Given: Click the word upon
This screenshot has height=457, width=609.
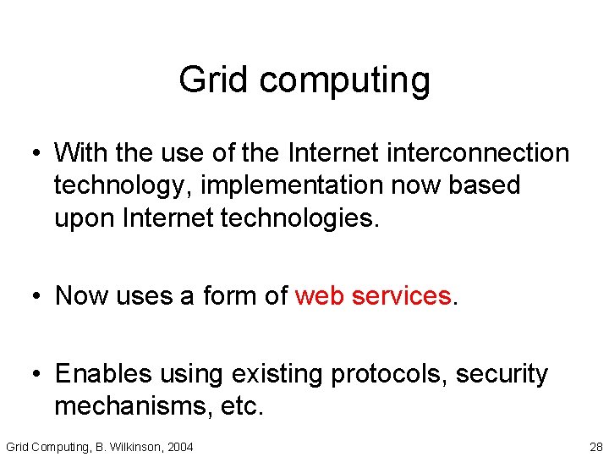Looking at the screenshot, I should tap(85, 218).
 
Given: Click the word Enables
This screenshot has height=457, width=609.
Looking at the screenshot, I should tap(108, 373).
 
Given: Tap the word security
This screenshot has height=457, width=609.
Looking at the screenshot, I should tap(507, 375).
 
